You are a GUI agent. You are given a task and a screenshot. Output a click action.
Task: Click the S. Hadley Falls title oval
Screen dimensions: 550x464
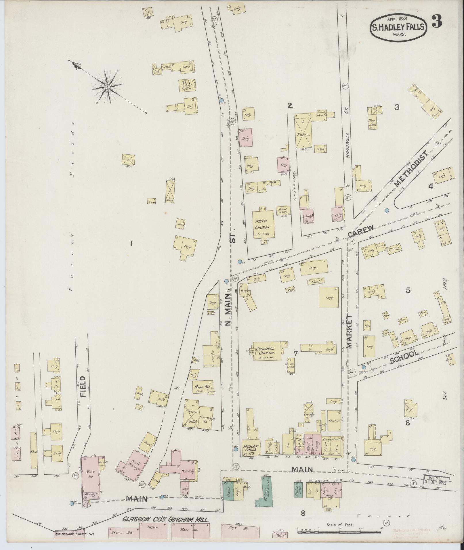398,27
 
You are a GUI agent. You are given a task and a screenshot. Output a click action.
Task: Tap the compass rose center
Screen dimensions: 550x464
107,86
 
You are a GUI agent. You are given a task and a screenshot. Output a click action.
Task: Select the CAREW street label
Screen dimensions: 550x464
361,231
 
